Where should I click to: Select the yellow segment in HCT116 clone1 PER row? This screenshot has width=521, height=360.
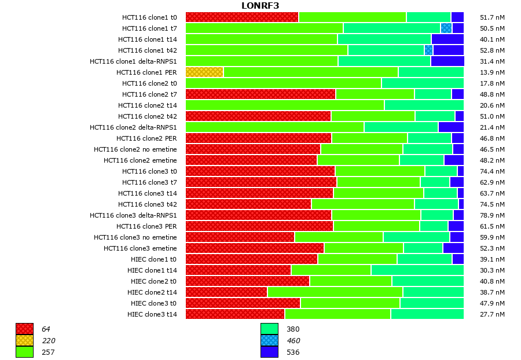(x=204, y=72)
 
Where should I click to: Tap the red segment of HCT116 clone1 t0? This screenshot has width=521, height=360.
(x=242, y=17)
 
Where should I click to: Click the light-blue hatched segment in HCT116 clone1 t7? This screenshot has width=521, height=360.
(x=446, y=28)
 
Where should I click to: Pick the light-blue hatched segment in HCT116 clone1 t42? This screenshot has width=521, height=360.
(x=428, y=50)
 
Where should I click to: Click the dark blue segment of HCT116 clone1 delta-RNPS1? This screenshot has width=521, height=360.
(x=447, y=61)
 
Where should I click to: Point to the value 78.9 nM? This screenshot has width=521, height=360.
(x=492, y=215)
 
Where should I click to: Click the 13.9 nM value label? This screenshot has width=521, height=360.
(x=492, y=72)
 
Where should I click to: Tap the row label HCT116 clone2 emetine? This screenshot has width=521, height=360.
(x=140, y=160)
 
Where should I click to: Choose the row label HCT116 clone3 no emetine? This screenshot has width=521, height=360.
(x=135, y=237)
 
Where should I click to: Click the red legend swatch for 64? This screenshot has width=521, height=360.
(x=24, y=329)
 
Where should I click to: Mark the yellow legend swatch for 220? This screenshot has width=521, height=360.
(x=24, y=340)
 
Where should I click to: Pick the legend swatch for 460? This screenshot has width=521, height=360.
(x=269, y=340)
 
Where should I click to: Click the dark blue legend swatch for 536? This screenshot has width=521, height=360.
(x=269, y=352)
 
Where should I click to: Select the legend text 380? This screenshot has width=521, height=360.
(x=293, y=329)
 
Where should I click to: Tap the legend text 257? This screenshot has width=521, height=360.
(x=48, y=352)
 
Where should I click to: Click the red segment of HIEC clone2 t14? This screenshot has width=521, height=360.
(x=226, y=292)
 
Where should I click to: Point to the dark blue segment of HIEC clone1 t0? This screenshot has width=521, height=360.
(x=457, y=259)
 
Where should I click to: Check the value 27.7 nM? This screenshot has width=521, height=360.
(x=492, y=314)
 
